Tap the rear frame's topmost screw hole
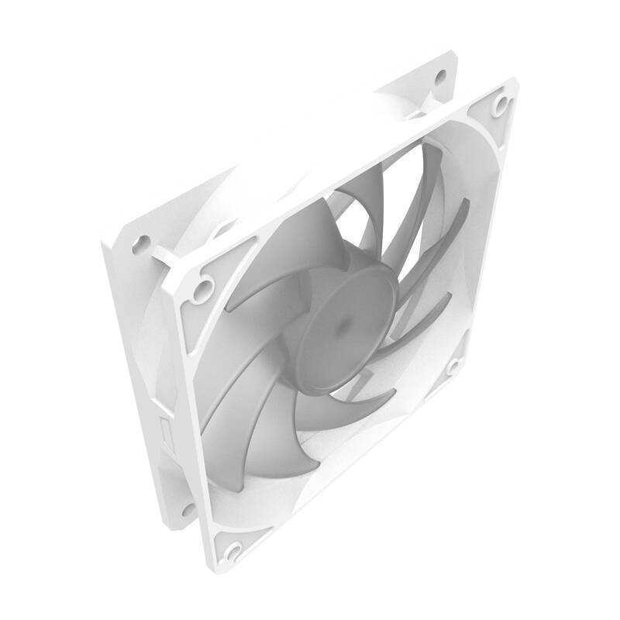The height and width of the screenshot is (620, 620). coord(441,76)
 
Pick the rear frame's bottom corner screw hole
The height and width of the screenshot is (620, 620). coord(187,509)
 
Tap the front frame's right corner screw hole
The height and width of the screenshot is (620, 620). coord(453,364)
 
